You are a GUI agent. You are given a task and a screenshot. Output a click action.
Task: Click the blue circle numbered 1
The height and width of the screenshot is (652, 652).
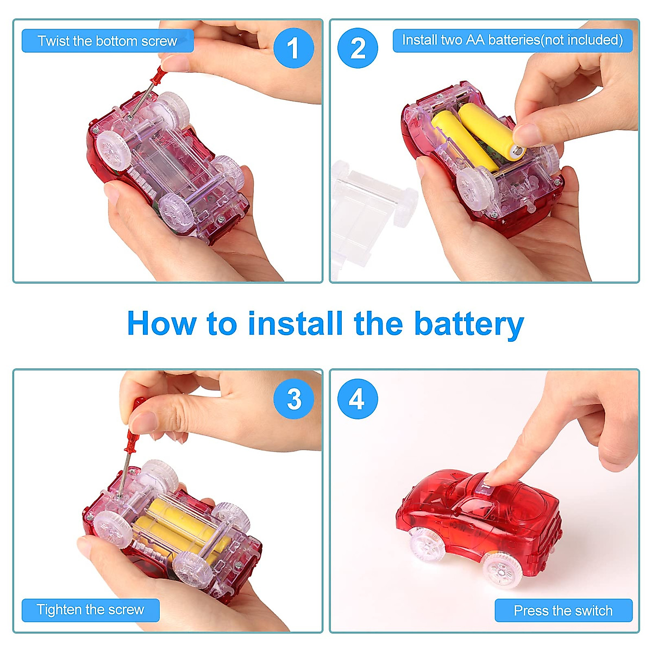click(x=293, y=48)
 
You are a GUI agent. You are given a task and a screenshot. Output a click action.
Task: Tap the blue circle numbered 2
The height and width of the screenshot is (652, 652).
click(x=358, y=48)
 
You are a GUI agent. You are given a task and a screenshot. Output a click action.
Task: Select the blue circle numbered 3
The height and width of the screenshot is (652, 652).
click(x=293, y=398)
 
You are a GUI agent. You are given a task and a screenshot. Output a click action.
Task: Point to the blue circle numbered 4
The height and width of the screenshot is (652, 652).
click(x=358, y=398)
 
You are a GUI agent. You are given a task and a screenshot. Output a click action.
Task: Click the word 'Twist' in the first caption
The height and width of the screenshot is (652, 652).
click(x=53, y=41)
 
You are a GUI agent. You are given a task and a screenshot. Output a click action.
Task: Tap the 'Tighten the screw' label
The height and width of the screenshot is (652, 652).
click(x=90, y=610)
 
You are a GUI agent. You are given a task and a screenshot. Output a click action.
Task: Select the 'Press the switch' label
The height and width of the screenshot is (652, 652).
click(x=563, y=610)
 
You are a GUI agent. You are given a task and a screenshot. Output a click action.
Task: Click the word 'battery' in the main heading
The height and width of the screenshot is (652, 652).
click(x=469, y=324)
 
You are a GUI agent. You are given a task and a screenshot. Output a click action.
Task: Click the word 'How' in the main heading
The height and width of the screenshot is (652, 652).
click(x=162, y=324)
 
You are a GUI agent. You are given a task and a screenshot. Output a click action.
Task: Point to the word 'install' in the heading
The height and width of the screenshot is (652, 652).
click(x=296, y=323)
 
